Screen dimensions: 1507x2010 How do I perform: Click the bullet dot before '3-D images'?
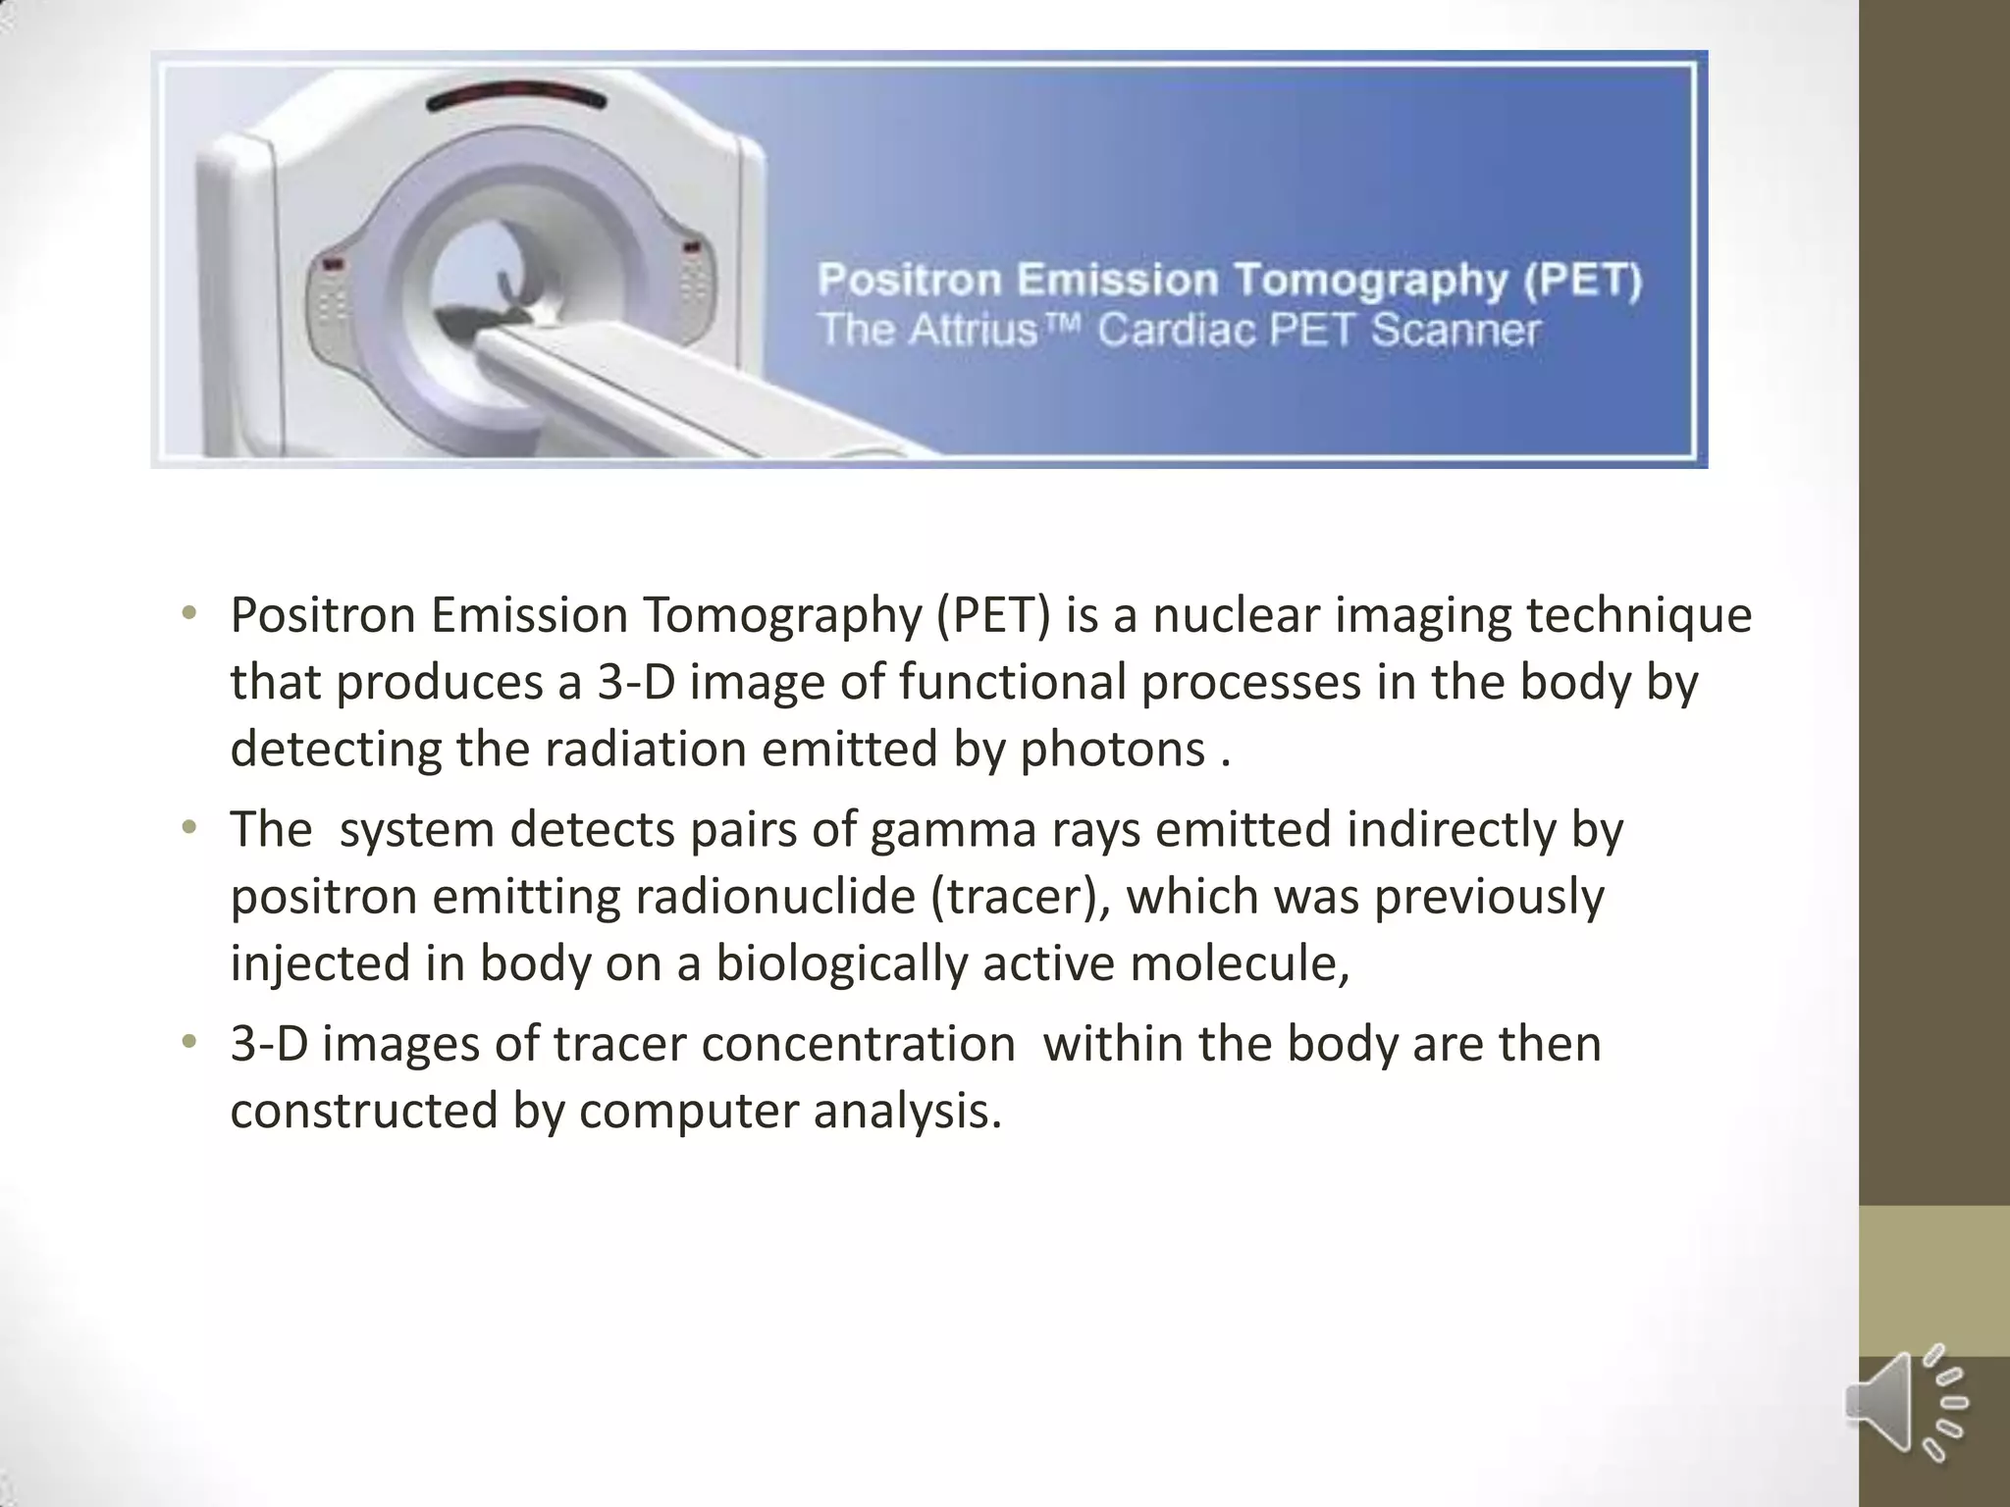(189, 1043)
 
